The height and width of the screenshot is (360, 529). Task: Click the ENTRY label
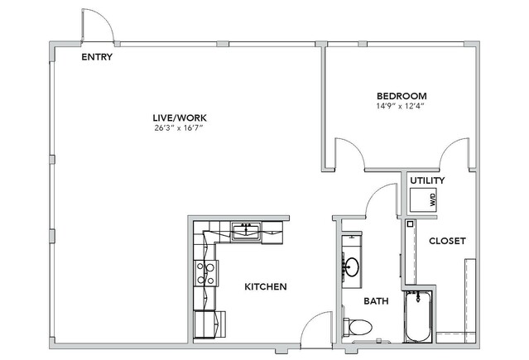[97, 57]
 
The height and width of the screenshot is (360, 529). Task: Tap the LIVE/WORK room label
[180, 118]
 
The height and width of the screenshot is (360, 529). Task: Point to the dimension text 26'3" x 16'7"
[180, 128]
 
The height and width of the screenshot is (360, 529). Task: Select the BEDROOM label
[402, 96]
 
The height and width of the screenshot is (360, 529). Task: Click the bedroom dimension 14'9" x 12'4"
[400, 106]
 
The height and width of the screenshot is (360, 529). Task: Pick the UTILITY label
[427, 180]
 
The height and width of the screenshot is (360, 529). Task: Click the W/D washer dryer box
[423, 199]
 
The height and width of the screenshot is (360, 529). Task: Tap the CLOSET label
[447, 241]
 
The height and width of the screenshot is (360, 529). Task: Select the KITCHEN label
[266, 287]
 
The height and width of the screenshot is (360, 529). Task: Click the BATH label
[376, 301]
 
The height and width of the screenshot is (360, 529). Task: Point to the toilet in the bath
[358, 327]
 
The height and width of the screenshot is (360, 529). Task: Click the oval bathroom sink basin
[353, 267]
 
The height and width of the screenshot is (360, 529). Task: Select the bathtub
[418, 316]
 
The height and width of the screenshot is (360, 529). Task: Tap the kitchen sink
[246, 232]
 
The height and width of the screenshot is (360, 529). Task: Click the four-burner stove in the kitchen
[206, 273]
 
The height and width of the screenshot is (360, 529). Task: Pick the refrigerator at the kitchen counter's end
[209, 324]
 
